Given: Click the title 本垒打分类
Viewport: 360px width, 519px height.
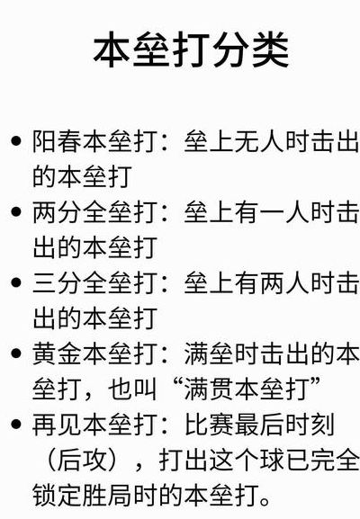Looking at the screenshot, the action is point(192,49).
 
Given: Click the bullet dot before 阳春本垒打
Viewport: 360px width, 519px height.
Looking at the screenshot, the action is point(15,141).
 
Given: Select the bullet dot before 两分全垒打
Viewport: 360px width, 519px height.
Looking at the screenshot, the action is point(15,211).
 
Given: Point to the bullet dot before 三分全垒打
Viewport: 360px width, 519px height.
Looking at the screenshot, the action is point(15,282).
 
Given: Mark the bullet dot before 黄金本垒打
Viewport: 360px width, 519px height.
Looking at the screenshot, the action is point(15,353).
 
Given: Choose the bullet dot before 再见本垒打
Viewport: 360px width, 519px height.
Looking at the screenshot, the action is point(15,424).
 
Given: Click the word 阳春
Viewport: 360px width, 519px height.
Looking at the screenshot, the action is point(57,141).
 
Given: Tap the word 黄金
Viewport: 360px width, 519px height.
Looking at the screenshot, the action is point(57,353).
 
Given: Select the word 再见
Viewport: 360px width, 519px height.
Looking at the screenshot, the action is point(57,425).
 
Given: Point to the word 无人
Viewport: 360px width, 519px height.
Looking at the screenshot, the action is point(259,141).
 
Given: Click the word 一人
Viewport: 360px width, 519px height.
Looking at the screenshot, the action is point(284,212).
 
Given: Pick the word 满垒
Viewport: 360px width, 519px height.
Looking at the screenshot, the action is point(209,353).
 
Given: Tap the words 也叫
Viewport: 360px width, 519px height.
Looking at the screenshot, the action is point(132,389).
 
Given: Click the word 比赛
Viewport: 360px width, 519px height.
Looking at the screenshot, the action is point(209,425).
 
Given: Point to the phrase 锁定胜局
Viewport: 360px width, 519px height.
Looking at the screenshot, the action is point(82,496).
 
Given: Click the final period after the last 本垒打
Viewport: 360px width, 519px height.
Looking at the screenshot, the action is point(265,501).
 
